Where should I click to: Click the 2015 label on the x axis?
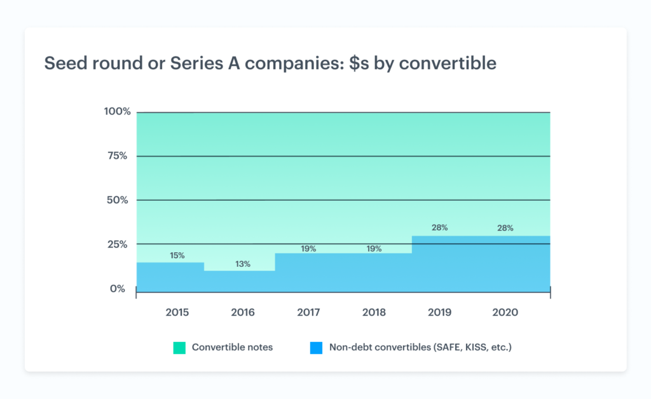tap(177, 313)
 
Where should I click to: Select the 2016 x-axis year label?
tap(243, 313)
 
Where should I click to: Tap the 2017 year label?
tap(308, 313)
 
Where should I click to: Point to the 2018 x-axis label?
tap(374, 313)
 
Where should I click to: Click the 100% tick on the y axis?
tap(117, 112)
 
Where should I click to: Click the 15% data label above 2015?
tap(177, 255)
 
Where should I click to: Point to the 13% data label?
tap(243, 264)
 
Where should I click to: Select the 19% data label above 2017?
tap(308, 249)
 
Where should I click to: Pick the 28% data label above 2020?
tap(505, 228)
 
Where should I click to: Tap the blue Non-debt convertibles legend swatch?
tap(316, 348)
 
